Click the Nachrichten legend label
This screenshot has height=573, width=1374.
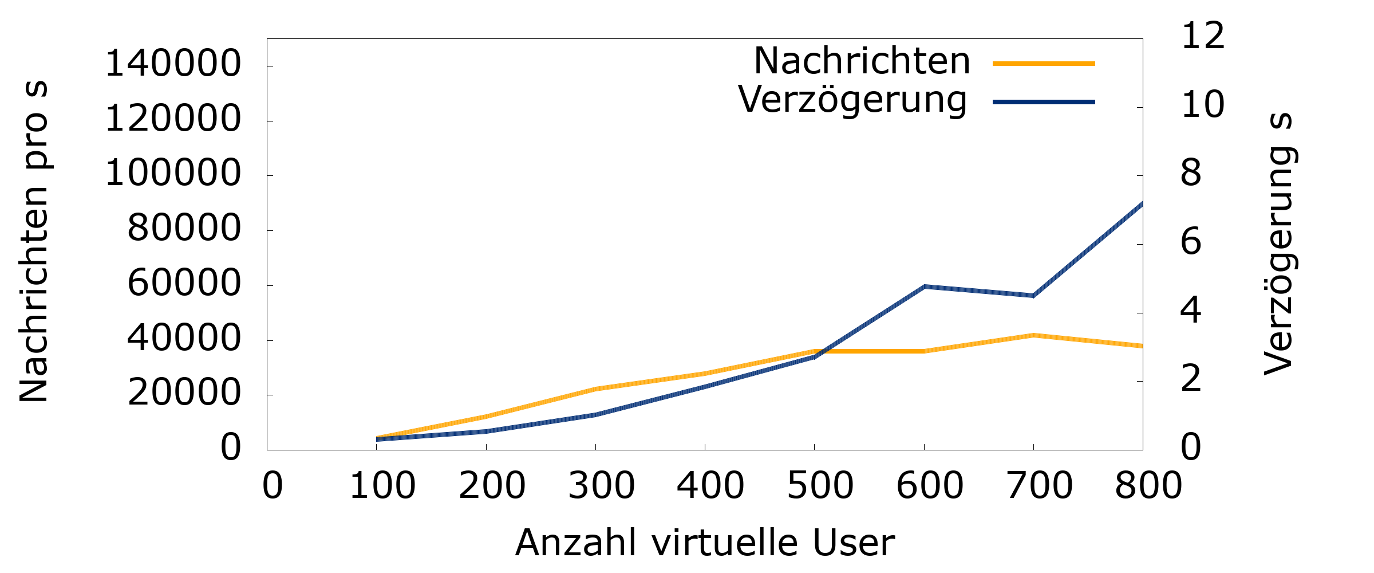coord(862,61)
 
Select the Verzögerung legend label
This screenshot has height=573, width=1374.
coord(852,100)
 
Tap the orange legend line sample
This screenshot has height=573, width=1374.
coord(1043,64)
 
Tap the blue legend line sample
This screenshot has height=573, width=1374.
coord(1043,102)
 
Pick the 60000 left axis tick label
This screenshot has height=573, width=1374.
coord(184,283)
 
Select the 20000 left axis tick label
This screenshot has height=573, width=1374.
coord(184,393)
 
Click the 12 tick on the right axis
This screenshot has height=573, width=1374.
coord(1202,36)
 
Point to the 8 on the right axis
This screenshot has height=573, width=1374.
coord(1191,173)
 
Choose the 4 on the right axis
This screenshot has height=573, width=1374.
coord(1191,311)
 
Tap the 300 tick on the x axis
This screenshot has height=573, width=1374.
coord(601,486)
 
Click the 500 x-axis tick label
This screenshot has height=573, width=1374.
coord(820,486)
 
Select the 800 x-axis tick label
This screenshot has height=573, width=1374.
coord(1148,486)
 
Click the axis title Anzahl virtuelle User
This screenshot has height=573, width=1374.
coord(705,543)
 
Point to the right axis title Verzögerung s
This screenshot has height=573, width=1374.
coord(1279,244)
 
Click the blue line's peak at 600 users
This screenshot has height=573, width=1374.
coord(924,286)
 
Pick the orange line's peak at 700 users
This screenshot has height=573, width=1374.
coord(1033,335)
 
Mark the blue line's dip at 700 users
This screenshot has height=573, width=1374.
coord(1033,296)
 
